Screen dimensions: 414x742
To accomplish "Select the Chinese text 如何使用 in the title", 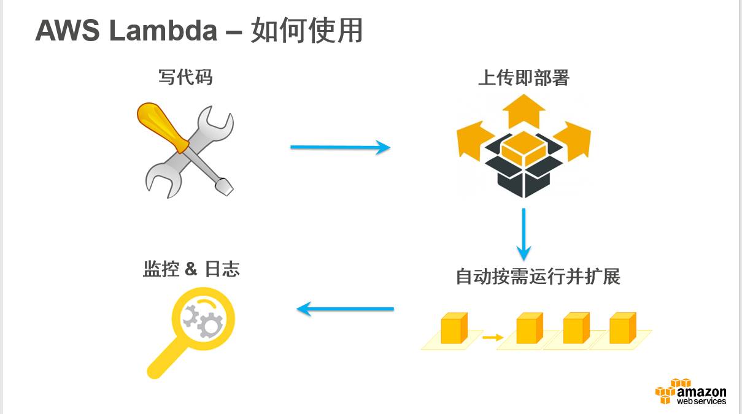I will [306, 31].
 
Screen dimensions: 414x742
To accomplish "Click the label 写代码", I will [185, 77].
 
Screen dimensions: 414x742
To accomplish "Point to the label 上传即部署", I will [524, 78].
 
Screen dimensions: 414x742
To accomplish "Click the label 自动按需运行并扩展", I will [538, 276].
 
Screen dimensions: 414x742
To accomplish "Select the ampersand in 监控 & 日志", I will [191, 269].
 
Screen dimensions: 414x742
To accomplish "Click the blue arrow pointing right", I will [340, 147].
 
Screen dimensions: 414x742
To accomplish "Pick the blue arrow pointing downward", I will [523, 234].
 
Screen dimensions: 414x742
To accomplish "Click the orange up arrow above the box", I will [524, 110].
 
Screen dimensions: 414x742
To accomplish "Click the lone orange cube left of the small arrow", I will [454, 328].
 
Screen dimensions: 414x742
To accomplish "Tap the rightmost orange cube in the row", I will [622, 328].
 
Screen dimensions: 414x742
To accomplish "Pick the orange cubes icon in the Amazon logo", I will [665, 391].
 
